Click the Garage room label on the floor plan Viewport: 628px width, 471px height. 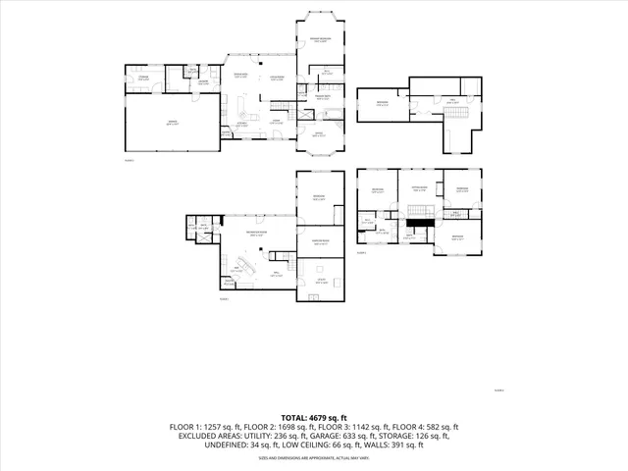point(172,124)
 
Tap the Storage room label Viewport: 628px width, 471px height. point(143,78)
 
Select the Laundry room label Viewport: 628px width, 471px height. point(204,81)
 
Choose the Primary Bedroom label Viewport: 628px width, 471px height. point(321,38)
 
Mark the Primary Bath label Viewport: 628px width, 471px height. point(322,97)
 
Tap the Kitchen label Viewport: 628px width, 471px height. point(240,125)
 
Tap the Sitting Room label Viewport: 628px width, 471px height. point(419,187)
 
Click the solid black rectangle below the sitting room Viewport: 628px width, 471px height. point(420,223)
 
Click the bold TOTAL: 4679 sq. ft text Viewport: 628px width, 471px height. point(314,418)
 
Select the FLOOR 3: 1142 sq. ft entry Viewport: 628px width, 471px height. point(356,427)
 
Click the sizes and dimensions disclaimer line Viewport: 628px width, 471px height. point(314,457)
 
